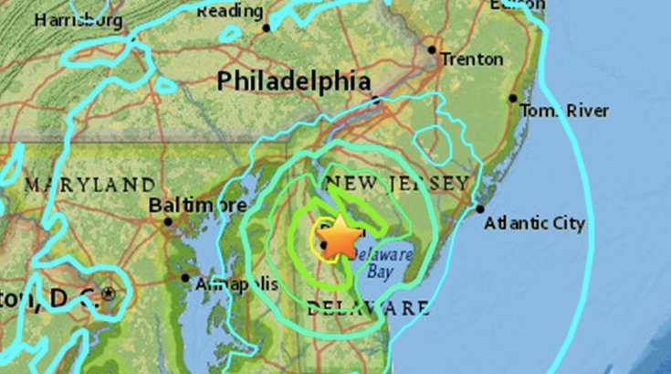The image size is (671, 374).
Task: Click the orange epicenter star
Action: tap(340, 238)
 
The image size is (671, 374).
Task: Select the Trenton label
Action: tap(471, 59)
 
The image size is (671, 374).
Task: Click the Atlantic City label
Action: tap(535, 223)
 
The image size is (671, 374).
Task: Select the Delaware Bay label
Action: tap(380, 263)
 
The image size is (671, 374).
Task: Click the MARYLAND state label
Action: tap(89, 185)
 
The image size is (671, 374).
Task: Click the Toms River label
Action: tap(563, 111)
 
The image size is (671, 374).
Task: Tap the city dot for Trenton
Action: tap(432, 50)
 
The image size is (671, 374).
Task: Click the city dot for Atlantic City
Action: tap(480, 209)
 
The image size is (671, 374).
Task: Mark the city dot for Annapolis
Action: tap(186, 278)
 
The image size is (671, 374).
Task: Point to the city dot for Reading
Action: tap(267, 27)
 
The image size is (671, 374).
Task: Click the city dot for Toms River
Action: tap(513, 98)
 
